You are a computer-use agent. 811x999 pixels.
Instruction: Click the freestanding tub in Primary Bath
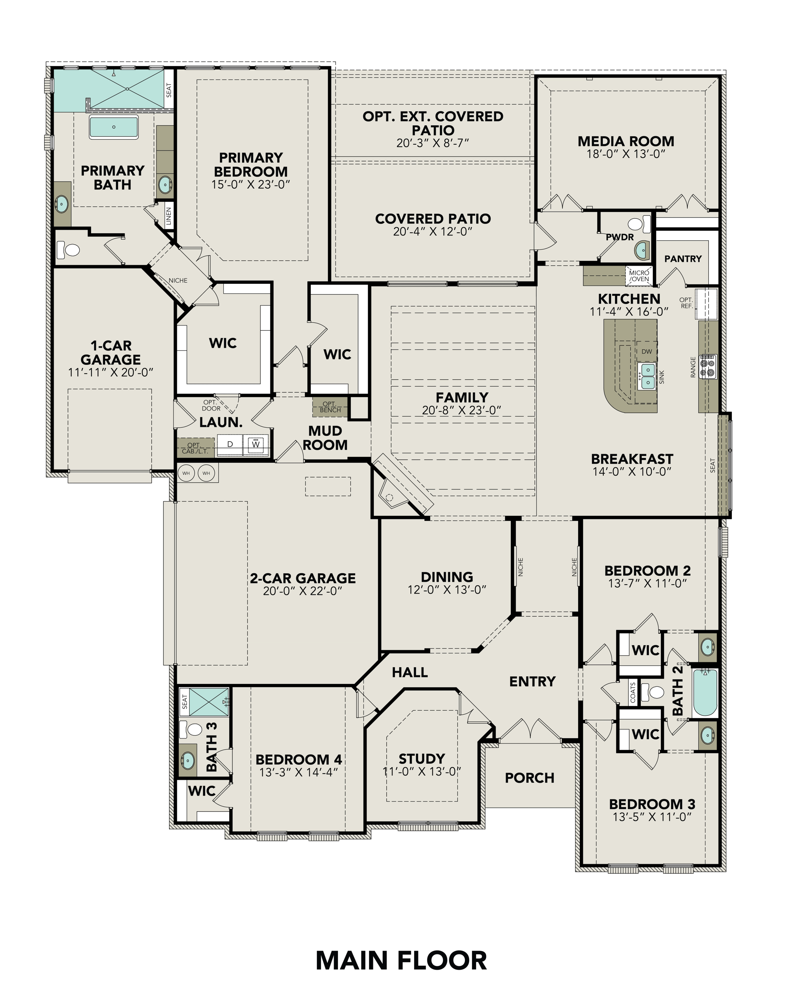pyautogui.click(x=114, y=127)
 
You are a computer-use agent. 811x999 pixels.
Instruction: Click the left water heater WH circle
pyautogui.click(x=186, y=473)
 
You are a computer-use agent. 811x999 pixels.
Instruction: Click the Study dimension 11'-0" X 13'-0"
pyautogui.click(x=422, y=771)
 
